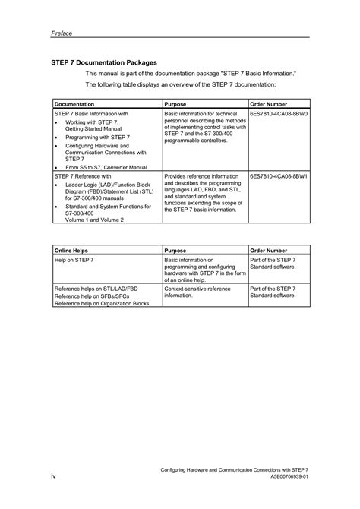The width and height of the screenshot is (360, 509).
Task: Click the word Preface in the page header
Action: pyautogui.click(x=62, y=33)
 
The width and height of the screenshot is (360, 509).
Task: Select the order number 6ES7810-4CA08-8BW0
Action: pyautogui.click(x=279, y=112)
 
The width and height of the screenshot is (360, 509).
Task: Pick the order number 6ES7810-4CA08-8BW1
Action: pyautogui.click(x=279, y=175)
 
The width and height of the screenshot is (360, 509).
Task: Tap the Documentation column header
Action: pyautogui.click(x=74, y=103)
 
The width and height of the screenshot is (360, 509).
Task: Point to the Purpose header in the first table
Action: pyautogui.click(x=176, y=103)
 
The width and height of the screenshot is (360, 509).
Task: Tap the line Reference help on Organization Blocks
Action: pyautogui.click(x=101, y=303)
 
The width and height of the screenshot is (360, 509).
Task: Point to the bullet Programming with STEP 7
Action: pyautogui.click(x=97, y=137)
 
